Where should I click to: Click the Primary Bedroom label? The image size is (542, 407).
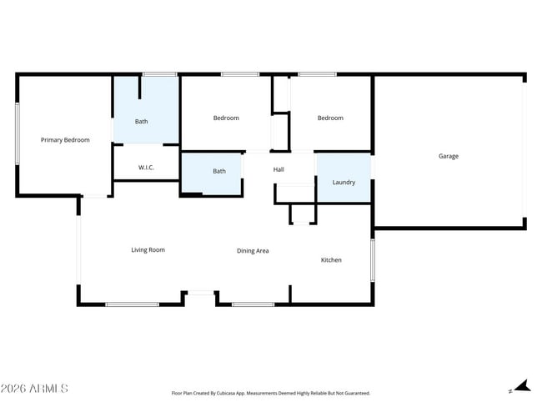pos(65,140)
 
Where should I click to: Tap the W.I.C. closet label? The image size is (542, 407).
pos(146,168)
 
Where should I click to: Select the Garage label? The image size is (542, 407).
pos(449,156)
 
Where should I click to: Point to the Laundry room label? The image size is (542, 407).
pos(344,182)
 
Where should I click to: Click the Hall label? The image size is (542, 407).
pos(279,170)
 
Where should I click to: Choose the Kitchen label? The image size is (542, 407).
pos(331,260)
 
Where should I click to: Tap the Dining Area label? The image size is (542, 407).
pos(253,250)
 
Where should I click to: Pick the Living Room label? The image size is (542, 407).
pos(148,249)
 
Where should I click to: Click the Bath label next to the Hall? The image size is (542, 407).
pos(219,171)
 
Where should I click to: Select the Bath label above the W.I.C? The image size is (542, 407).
pos(142,122)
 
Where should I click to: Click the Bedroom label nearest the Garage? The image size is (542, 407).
pos(330,118)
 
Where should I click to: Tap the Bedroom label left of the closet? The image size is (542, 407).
pos(226,118)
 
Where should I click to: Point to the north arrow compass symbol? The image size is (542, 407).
pos(520,386)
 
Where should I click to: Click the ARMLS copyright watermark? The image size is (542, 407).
pos(34,389)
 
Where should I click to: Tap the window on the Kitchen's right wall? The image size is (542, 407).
pos(372,259)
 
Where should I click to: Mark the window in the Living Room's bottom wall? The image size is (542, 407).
pos(132,304)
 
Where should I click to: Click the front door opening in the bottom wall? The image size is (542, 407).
pos(200,293)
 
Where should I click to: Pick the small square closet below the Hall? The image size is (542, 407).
pos(303,214)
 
